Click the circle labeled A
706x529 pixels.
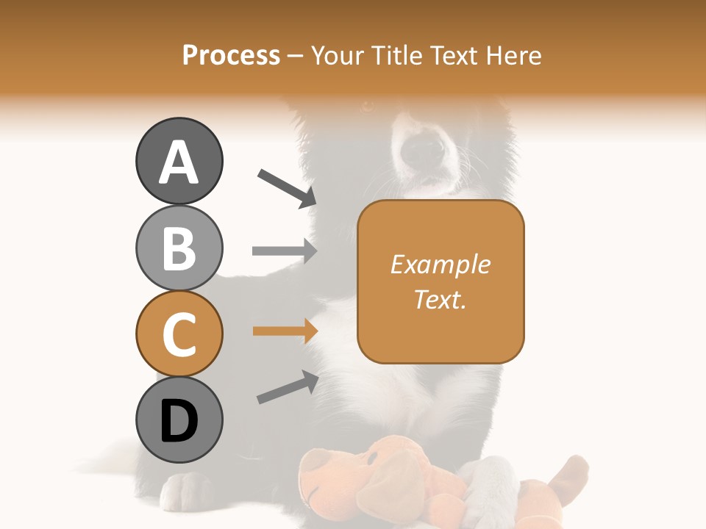pyautogui.click(x=179, y=161)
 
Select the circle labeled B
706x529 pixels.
pyautogui.click(x=179, y=248)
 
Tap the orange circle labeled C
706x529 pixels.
pyautogui.click(x=179, y=334)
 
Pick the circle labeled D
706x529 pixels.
pyautogui.click(x=179, y=420)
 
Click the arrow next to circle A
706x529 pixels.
pyautogui.click(x=286, y=188)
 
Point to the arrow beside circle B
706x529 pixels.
pyautogui.click(x=284, y=251)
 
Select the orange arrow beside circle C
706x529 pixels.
pyautogui.click(x=284, y=331)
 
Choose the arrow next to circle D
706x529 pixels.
pyautogui.click(x=288, y=387)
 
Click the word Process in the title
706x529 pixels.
pyautogui.click(x=231, y=56)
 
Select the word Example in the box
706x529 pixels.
pyautogui.click(x=441, y=264)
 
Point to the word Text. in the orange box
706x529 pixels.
pyautogui.click(x=441, y=299)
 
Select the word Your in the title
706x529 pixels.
pyautogui.click(x=338, y=56)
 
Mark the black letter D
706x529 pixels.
pyautogui.click(x=179, y=421)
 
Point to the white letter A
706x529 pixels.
pyautogui.click(x=179, y=162)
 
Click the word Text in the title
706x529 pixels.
pyautogui.click(x=452, y=56)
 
